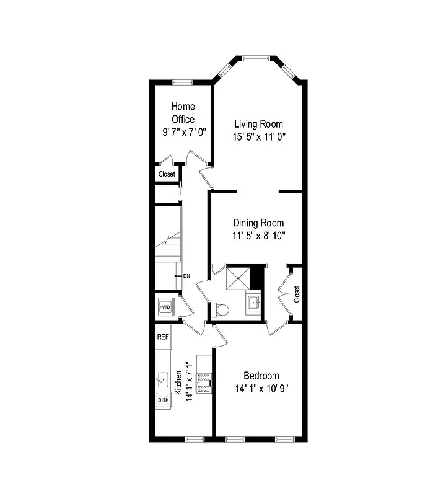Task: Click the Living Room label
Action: pos(258,124)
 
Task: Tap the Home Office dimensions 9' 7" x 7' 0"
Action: pos(183,131)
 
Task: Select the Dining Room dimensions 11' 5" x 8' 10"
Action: pos(258,236)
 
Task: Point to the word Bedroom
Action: pos(261,376)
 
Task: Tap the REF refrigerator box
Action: pos(162,337)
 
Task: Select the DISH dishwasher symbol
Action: pos(163,400)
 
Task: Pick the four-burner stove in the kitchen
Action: pos(204,383)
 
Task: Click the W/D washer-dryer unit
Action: pos(165,307)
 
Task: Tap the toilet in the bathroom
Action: pos(222,309)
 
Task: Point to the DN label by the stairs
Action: pos(185,275)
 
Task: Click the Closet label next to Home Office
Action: pos(166,175)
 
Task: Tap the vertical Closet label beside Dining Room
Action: pos(297,294)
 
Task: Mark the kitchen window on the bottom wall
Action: pos(195,439)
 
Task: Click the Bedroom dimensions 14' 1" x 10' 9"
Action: pos(261,389)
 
